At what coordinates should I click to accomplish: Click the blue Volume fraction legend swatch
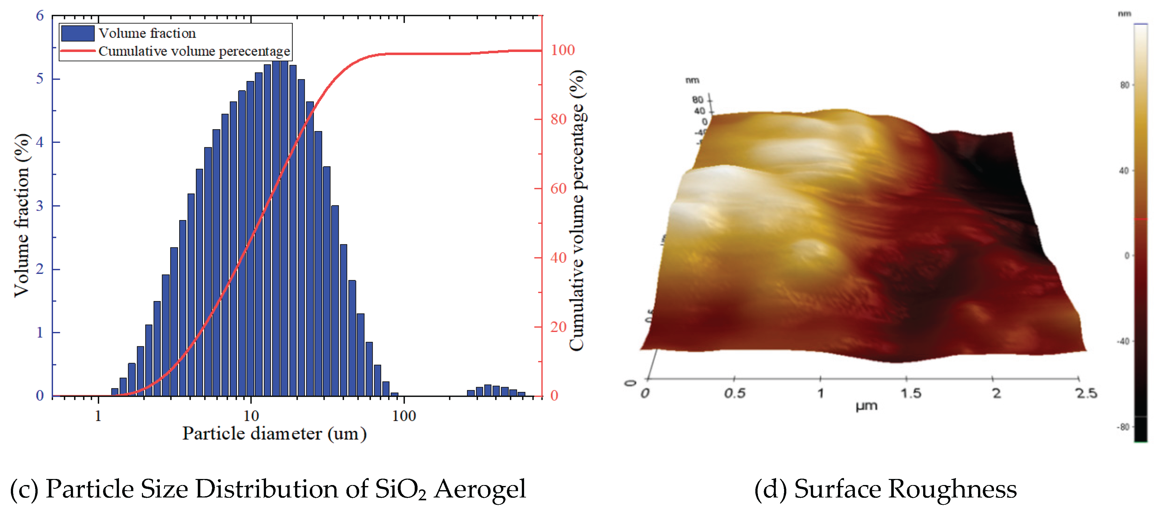tap(77, 33)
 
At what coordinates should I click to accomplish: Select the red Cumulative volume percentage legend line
tap(77, 51)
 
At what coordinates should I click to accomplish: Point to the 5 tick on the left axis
tap(40, 79)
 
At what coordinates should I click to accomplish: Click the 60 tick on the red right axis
tap(558, 188)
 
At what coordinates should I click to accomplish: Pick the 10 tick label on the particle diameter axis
tap(251, 416)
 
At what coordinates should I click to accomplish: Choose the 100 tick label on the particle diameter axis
tap(404, 416)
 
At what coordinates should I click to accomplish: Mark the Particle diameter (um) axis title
tap(274, 434)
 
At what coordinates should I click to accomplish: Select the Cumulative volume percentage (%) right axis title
tap(577, 211)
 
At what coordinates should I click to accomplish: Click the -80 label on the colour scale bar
tap(1123, 427)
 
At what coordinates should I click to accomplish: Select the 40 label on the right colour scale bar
tap(1124, 171)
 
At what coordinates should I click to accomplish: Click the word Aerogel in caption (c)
tap(480, 489)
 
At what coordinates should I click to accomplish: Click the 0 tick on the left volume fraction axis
tap(40, 396)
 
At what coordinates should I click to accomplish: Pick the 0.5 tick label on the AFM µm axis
tap(735, 394)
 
